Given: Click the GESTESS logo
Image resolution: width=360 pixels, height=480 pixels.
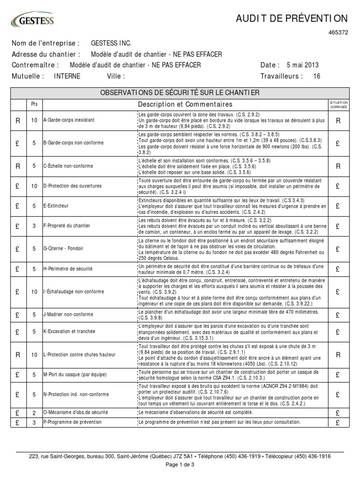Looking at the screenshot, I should [x=32, y=21].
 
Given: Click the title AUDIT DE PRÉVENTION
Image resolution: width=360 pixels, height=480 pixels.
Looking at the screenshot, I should [x=292, y=18].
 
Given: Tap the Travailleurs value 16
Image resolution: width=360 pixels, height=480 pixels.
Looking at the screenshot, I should [x=316, y=76].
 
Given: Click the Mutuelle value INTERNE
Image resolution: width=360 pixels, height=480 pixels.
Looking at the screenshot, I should [x=67, y=76].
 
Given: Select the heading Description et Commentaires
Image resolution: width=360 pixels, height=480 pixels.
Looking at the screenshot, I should [x=185, y=104].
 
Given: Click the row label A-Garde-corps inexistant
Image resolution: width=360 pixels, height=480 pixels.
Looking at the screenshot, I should [x=68, y=120].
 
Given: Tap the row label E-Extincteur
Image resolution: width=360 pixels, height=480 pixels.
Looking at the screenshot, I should [x=56, y=206].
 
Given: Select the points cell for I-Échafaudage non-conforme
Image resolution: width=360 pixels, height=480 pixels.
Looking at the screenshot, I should [x=34, y=292].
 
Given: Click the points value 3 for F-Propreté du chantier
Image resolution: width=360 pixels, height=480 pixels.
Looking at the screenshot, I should [x=34, y=226].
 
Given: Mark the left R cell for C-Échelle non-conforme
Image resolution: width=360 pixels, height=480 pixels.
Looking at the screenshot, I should [x=18, y=165].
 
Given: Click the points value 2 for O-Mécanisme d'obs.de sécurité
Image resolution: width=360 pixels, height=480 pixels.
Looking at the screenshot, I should [x=34, y=412].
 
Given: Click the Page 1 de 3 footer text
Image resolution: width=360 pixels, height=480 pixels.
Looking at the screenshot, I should [x=180, y=465].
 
